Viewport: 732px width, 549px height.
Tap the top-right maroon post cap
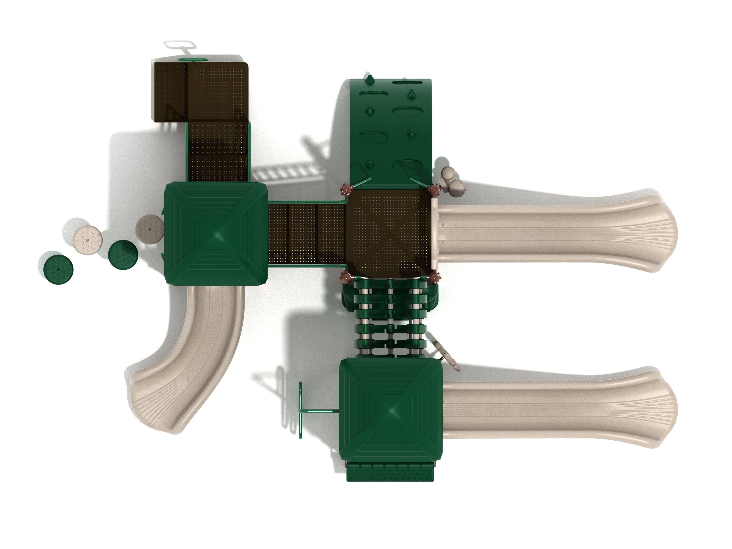pyautogui.click(x=434, y=190)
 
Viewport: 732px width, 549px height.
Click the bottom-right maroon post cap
pyautogui.click(x=434, y=278)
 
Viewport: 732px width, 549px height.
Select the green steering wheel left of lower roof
pyautogui.click(x=300, y=411)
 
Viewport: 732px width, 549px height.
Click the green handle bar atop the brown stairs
pyautogui.click(x=193, y=60)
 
